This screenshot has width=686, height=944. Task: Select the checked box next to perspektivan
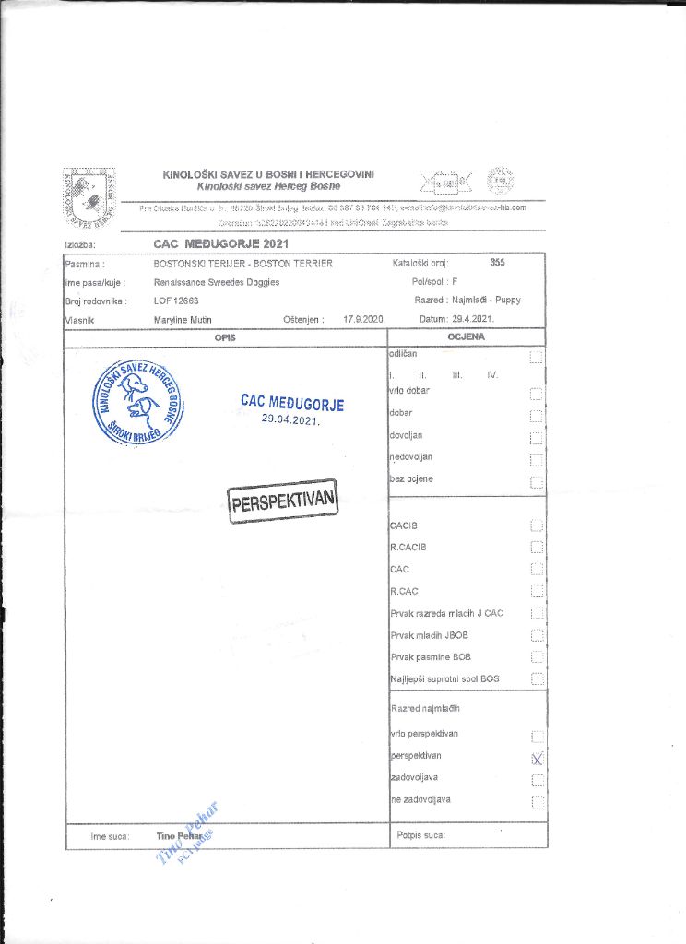click(x=538, y=758)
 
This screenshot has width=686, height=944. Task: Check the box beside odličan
click(x=538, y=358)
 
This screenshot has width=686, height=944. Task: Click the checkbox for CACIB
click(x=538, y=525)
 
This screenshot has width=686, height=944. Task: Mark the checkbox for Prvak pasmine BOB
click(x=538, y=658)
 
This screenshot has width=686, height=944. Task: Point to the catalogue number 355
click(x=498, y=264)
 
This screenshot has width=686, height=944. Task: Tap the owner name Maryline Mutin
click(x=183, y=320)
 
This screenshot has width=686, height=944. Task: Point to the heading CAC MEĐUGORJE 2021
click(x=221, y=244)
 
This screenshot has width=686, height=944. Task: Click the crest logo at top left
click(x=89, y=197)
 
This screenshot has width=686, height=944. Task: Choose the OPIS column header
click(x=225, y=337)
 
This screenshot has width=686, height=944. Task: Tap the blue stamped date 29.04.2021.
click(x=290, y=419)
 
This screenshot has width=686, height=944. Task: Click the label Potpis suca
click(x=420, y=835)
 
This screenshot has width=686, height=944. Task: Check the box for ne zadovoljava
click(x=538, y=802)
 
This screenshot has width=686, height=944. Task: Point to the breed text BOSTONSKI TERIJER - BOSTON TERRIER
click(x=242, y=264)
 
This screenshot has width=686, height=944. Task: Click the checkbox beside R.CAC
click(x=538, y=592)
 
